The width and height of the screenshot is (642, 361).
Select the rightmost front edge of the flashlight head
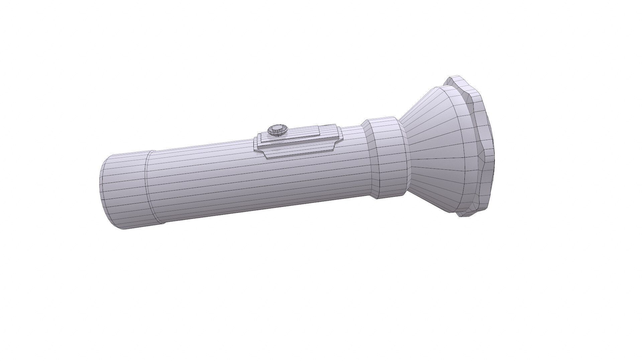[x=494, y=150]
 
